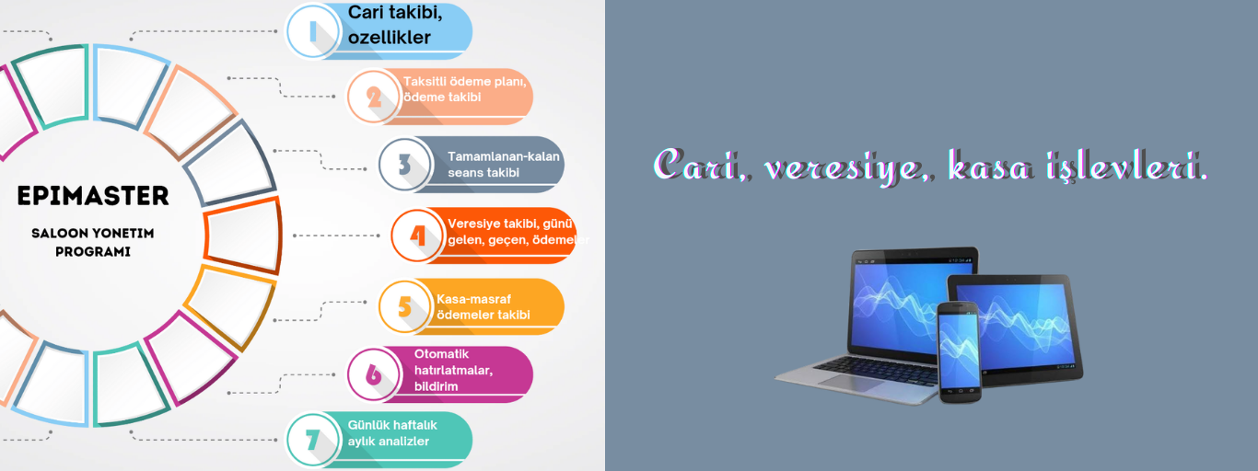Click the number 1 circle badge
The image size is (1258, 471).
tap(313, 31)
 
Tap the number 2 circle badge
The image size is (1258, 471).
tap(374, 97)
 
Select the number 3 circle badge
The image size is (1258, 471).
tap(405, 165)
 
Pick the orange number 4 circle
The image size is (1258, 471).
tap(417, 235)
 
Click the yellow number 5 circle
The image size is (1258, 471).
tap(405, 306)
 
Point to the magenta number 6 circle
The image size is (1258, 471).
tap(374, 374)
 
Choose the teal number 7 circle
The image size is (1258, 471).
tap(313, 440)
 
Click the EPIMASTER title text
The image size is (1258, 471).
tap(93, 196)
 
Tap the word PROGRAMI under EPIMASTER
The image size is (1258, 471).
tap(93, 252)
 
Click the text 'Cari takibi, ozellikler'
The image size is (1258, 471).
tap(395, 25)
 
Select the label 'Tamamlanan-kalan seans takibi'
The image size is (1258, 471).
tap(504, 165)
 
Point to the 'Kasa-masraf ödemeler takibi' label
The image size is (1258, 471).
tap(483, 306)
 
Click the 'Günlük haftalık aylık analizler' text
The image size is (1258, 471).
tap(392, 433)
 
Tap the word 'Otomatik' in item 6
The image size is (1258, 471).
tap(441, 354)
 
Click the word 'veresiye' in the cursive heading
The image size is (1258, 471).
tap(843, 167)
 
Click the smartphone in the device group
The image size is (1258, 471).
tap(960, 352)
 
